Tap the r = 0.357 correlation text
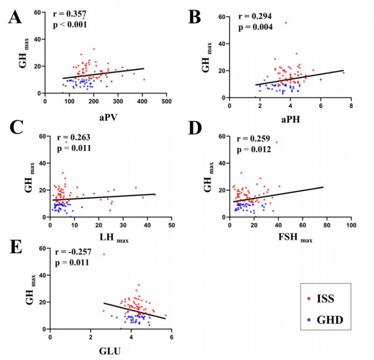[x=69, y=14]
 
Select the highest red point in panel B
[x=286, y=23]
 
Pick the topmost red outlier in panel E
[x=104, y=254]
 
